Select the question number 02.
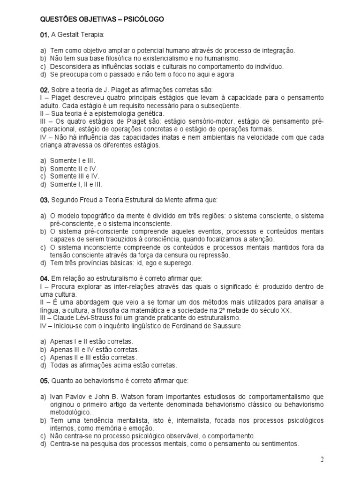point(45,90)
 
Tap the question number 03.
point(45,200)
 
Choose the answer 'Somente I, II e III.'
point(76,184)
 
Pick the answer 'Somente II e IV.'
point(73,168)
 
